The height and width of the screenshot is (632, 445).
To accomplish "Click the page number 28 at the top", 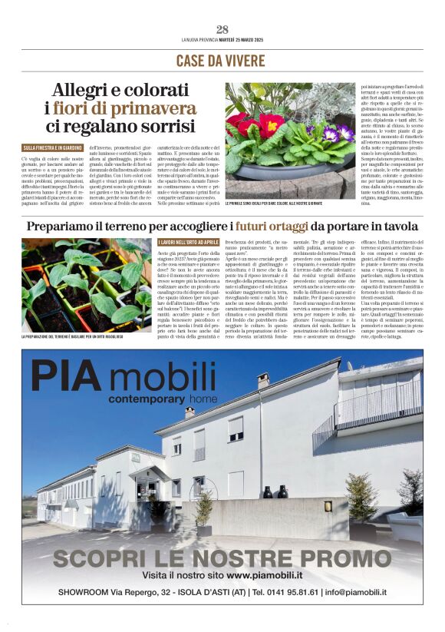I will pyautogui.click(x=222, y=30).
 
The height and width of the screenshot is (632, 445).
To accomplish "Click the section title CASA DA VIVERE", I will pyautogui.click(x=222, y=61).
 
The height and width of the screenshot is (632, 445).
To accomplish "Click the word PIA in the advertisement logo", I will pyautogui.click(x=72, y=376).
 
